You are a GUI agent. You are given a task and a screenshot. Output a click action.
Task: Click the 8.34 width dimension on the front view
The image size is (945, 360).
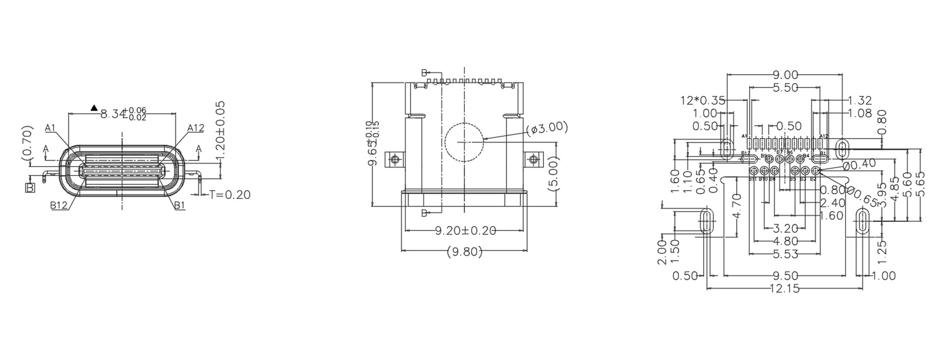[x=122, y=113]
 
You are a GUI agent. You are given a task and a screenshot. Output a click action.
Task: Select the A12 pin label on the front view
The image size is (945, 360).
[x=196, y=128]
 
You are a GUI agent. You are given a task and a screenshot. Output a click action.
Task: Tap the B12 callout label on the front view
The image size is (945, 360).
[x=59, y=205]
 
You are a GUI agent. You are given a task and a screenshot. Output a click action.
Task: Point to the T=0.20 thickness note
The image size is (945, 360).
[x=229, y=195]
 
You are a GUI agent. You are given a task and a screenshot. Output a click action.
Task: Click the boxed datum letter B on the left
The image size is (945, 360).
[x=30, y=188]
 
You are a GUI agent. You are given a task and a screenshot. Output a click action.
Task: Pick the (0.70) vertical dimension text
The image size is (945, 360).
[x=27, y=143]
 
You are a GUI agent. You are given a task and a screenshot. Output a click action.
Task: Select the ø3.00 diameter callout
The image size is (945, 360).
[x=547, y=128]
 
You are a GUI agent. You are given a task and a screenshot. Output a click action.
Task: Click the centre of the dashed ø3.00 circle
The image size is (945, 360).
[x=464, y=142]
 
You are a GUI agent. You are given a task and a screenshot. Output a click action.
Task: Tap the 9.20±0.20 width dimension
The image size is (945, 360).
[x=465, y=231]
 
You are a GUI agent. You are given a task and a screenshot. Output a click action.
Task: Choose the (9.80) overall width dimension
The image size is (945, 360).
[x=464, y=252]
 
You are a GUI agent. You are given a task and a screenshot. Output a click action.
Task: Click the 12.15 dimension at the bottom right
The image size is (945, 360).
[x=785, y=289]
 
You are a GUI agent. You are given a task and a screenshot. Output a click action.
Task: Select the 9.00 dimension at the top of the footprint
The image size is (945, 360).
[x=785, y=75]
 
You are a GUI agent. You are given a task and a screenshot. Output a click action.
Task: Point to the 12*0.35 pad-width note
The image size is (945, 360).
[x=702, y=100]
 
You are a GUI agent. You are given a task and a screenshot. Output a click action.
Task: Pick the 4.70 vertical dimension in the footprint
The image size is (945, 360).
[x=737, y=206]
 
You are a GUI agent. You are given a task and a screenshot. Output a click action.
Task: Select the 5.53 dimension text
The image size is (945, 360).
[x=785, y=254]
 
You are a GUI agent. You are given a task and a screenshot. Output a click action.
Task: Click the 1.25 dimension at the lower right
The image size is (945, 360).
[x=882, y=252]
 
